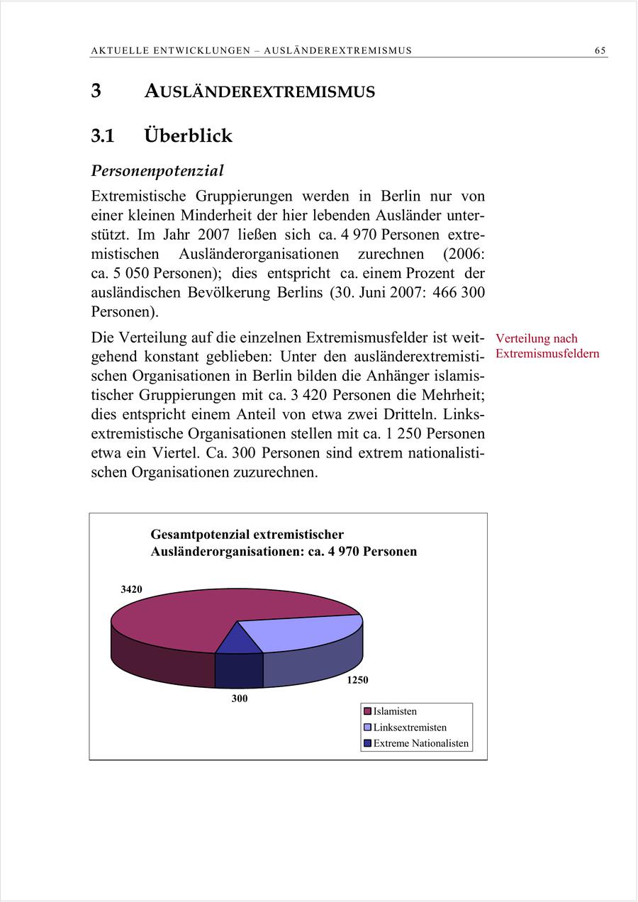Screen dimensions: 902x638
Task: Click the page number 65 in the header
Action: (600, 50)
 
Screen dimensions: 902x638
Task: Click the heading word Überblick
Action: (188, 135)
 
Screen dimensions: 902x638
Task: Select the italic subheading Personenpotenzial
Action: (157, 171)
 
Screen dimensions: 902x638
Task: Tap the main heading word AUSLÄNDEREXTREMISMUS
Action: (259, 91)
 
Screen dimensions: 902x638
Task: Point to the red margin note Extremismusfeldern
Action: (547, 353)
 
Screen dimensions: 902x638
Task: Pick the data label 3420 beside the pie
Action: (130, 589)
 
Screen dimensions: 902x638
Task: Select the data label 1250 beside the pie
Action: (357, 680)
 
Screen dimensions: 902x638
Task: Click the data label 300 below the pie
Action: (240, 699)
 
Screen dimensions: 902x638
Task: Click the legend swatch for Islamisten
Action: (367, 711)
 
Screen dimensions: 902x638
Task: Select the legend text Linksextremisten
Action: (410, 728)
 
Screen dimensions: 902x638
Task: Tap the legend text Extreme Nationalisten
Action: (420, 744)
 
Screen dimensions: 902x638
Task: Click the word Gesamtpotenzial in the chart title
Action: (199, 535)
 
